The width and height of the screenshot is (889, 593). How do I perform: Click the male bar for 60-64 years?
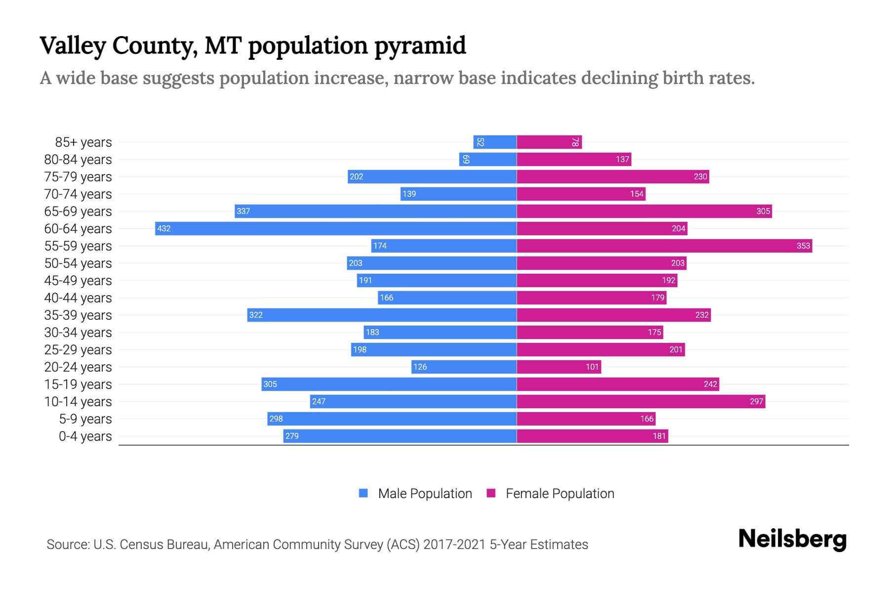[336, 228]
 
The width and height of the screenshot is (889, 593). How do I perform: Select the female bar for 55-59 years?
[664, 246]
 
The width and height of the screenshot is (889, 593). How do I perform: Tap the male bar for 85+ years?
[495, 142]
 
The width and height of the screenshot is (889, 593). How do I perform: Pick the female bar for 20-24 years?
[559, 367]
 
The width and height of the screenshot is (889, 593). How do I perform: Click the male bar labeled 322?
[382, 315]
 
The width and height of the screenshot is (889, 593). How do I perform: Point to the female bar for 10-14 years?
[641, 401]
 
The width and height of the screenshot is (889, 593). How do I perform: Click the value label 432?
[163, 229]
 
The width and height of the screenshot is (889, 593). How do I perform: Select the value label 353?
[803, 246]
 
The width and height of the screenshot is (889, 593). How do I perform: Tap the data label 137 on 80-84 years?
[622, 160]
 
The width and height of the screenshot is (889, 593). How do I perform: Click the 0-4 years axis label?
[85, 436]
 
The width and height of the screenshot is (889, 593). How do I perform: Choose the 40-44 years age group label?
[78, 298]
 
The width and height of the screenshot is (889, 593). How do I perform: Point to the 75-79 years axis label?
[78, 177]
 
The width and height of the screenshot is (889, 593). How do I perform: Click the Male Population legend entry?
[424, 494]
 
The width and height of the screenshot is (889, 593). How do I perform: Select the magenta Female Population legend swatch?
[491, 493]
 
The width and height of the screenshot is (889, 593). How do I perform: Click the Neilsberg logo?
[792, 539]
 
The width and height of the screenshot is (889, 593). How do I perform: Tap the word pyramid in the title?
[420, 46]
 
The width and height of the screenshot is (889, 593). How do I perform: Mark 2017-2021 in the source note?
[454, 545]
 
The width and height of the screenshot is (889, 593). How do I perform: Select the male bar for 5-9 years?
[392, 419]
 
